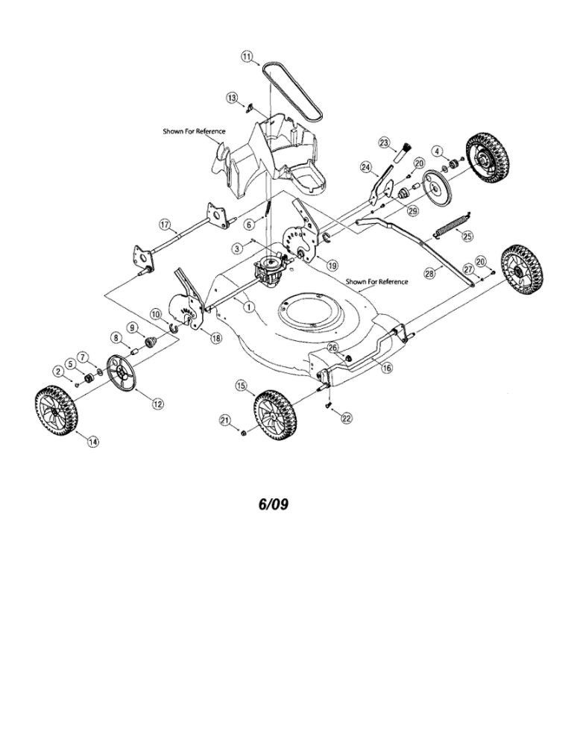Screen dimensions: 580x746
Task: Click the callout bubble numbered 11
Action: click(x=246, y=57)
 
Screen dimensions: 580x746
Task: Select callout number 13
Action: click(x=232, y=98)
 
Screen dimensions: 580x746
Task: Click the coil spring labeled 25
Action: click(x=451, y=226)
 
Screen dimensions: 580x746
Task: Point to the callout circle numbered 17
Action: click(x=165, y=224)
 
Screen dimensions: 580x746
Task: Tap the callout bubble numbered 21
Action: click(x=225, y=419)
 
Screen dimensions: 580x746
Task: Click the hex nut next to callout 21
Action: click(x=243, y=433)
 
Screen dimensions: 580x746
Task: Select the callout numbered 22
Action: click(x=347, y=419)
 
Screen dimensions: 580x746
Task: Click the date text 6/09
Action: click(x=274, y=504)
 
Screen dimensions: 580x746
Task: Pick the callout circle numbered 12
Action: click(x=157, y=404)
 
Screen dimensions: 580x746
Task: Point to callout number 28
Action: click(x=429, y=274)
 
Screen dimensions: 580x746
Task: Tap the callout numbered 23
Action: click(x=384, y=142)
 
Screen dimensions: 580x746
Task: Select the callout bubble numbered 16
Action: click(x=388, y=368)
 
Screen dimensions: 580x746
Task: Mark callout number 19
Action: click(x=331, y=265)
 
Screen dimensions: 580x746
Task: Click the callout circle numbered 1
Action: click(x=248, y=307)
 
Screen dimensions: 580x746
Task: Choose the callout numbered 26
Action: click(x=332, y=348)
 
